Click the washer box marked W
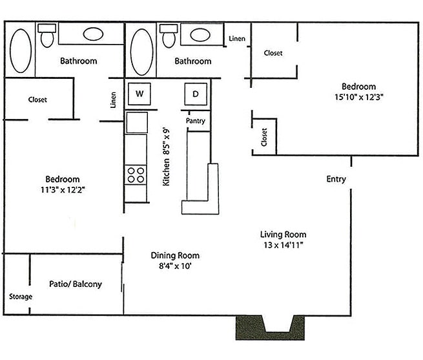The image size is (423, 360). pos(139,94)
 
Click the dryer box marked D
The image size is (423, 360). pos(195,94)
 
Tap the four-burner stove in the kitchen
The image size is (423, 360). pos(136,175)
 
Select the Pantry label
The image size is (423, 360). pos(196,121)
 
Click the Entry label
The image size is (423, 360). pos(336,179)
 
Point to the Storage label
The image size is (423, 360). pos(20,297)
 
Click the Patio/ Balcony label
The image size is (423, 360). pos(76,284)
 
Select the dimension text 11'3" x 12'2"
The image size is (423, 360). pos(63,190)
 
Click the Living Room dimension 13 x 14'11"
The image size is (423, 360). pos(283,245)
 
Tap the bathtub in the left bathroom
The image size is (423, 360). pos(21,50)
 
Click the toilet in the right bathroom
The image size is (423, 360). pos(169,36)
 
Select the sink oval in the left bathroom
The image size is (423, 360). pos(94,34)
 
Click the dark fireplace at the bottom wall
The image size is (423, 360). pos(269,327)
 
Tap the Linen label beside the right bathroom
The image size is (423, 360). pos(237,39)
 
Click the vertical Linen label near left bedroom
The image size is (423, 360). pos(113,100)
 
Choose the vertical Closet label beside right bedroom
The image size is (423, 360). pos(264,137)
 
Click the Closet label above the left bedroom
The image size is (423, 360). pos(37,100)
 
